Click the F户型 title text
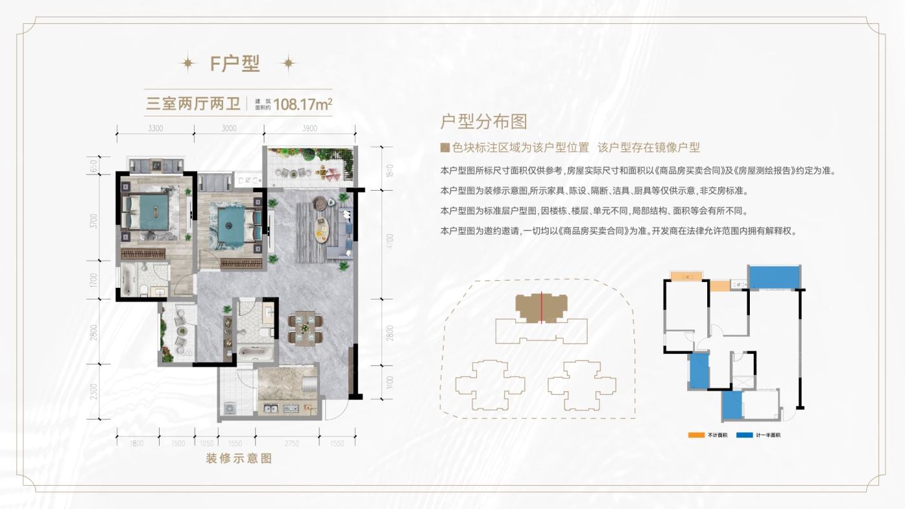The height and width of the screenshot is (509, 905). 235,63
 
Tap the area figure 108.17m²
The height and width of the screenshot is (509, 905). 303,103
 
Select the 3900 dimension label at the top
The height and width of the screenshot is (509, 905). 309,128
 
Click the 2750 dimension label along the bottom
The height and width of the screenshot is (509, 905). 292,444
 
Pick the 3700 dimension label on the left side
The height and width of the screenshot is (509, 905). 94,221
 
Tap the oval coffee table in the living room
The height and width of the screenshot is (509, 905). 321,228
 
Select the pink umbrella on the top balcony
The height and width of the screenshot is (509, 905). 332,173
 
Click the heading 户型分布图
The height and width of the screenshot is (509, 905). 484,122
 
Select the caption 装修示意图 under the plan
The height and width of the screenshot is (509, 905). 239,459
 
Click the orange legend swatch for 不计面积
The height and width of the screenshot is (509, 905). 695,435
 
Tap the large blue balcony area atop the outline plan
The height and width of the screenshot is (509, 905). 774,277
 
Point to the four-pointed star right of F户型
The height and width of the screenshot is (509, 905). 288,63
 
